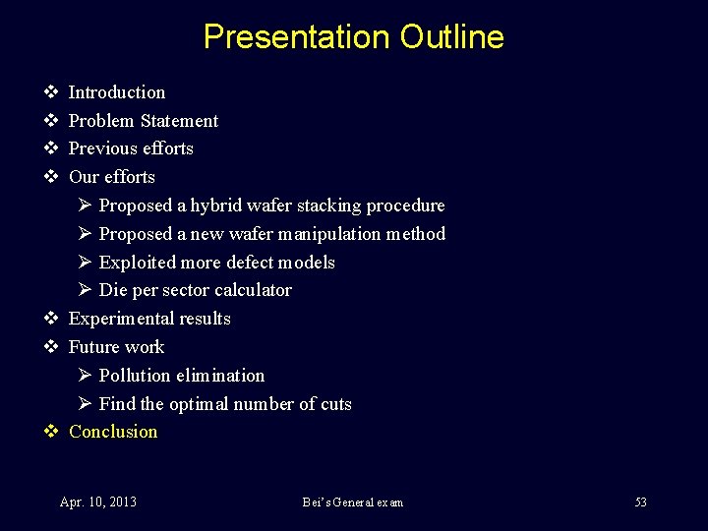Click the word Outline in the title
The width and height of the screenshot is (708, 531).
click(452, 37)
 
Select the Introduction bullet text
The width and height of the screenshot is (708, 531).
click(117, 92)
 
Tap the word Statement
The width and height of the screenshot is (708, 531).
click(179, 121)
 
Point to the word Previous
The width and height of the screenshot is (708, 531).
click(103, 148)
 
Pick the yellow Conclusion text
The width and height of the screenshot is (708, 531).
click(113, 432)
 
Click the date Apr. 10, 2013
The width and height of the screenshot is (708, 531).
click(98, 502)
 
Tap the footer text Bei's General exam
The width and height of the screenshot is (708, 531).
click(352, 502)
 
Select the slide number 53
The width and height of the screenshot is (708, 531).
click(640, 502)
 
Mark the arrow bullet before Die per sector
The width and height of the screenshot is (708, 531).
click(85, 290)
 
